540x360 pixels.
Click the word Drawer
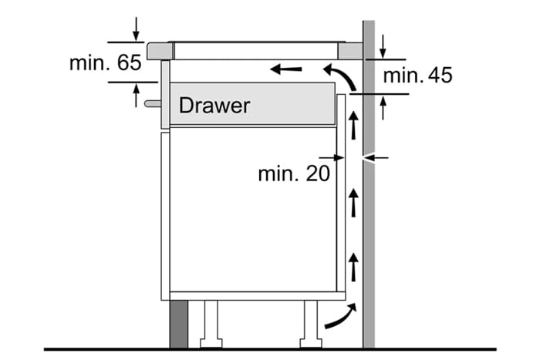(214, 106)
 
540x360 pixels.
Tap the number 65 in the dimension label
(129, 62)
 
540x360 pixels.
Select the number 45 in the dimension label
(440, 76)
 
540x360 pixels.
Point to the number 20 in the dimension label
(318, 173)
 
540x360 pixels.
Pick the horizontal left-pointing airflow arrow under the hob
(286, 69)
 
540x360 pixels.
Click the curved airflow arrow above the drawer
(340, 76)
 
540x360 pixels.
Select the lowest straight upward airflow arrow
(353, 267)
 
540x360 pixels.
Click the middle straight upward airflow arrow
(353, 203)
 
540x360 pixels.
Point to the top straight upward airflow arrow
(353, 126)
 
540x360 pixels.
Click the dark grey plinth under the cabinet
(179, 324)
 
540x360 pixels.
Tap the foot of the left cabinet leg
(211, 343)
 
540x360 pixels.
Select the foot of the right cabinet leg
(311, 343)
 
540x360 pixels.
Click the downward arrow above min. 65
(137, 29)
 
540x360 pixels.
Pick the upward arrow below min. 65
(137, 96)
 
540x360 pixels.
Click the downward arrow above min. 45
(383, 46)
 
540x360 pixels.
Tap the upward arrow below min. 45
(383, 108)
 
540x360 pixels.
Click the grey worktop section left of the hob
(160, 51)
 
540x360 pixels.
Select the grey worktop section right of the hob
(350, 51)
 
